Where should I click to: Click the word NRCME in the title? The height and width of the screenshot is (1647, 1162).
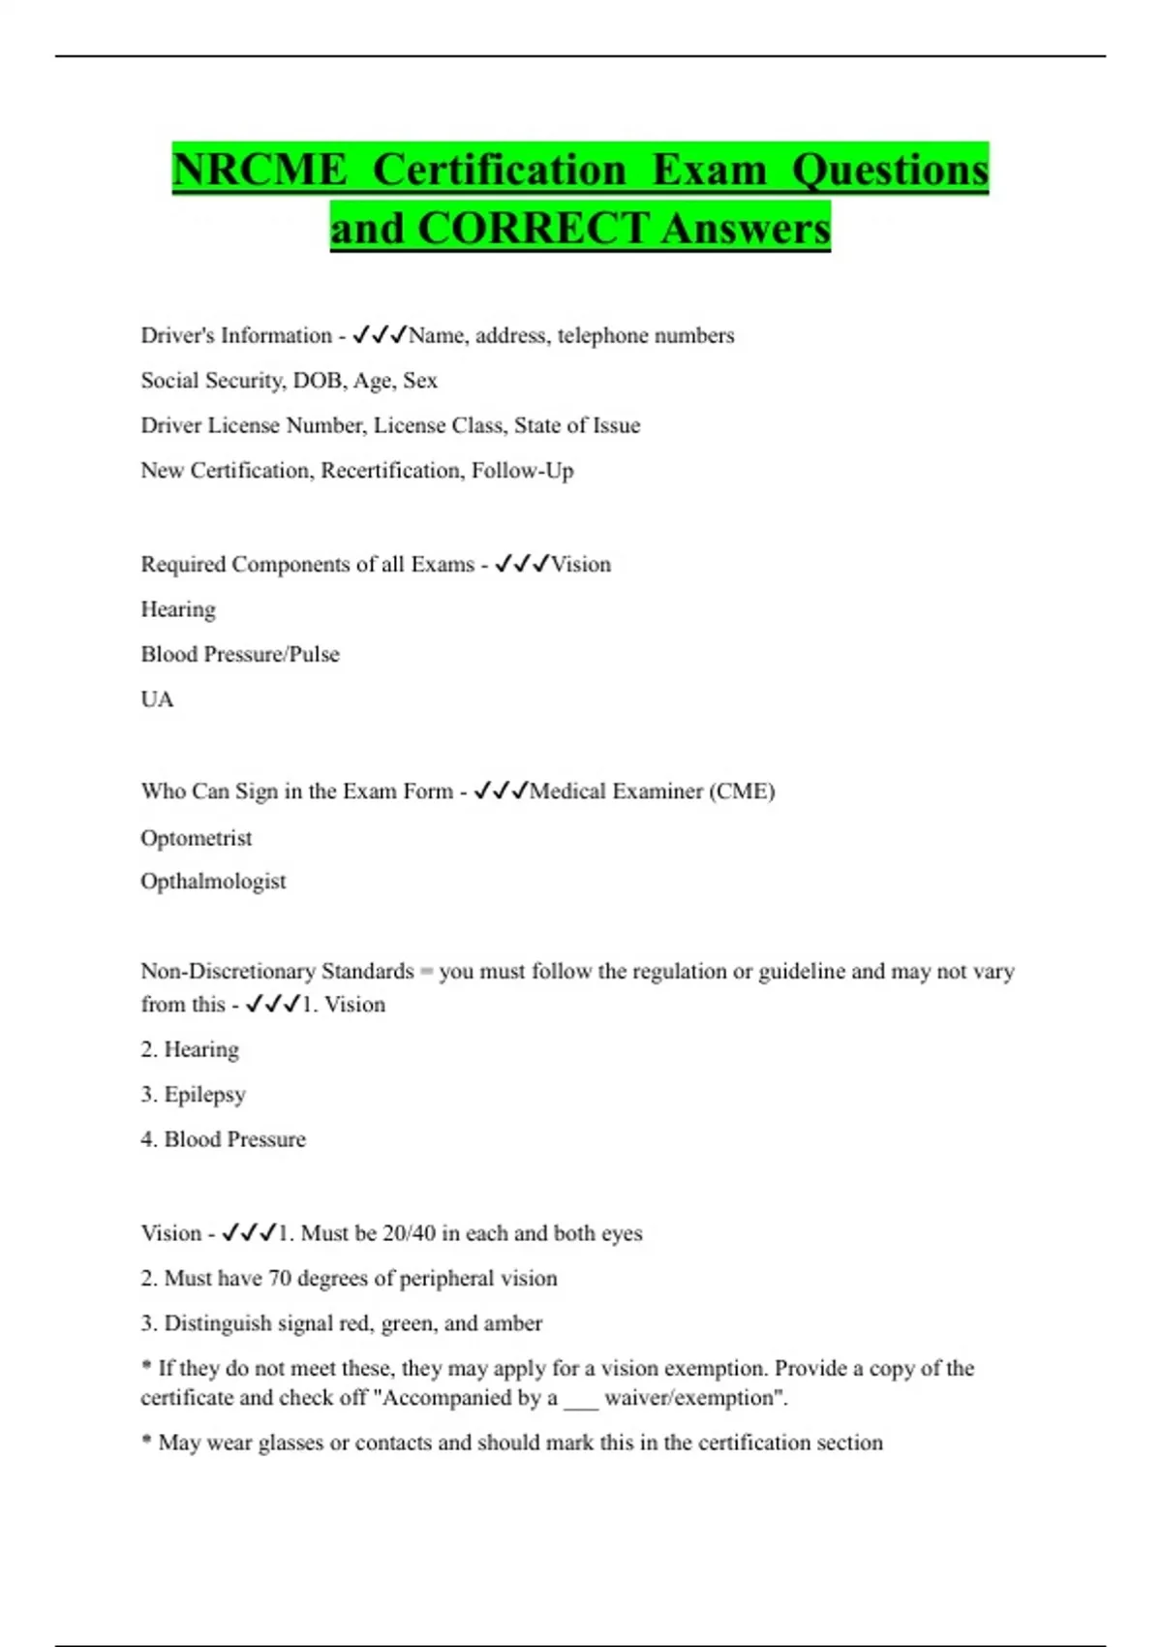pyautogui.click(x=260, y=171)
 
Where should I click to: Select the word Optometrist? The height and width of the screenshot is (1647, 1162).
pyautogui.click(x=196, y=838)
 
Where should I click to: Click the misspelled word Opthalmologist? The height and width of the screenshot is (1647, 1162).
pyautogui.click(x=213, y=882)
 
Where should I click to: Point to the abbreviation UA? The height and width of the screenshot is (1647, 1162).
pyautogui.click(x=157, y=699)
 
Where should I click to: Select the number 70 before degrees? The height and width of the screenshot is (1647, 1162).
pyautogui.click(x=280, y=1279)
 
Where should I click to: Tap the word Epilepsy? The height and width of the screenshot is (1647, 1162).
pyautogui.click(x=204, y=1095)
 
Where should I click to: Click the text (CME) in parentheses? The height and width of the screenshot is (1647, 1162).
pyautogui.click(x=742, y=792)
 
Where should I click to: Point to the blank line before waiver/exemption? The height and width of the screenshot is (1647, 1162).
pyautogui.click(x=581, y=1400)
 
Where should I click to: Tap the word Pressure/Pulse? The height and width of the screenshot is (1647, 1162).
pyautogui.click(x=288, y=655)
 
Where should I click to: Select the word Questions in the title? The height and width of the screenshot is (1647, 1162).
pyautogui.click(x=890, y=171)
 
